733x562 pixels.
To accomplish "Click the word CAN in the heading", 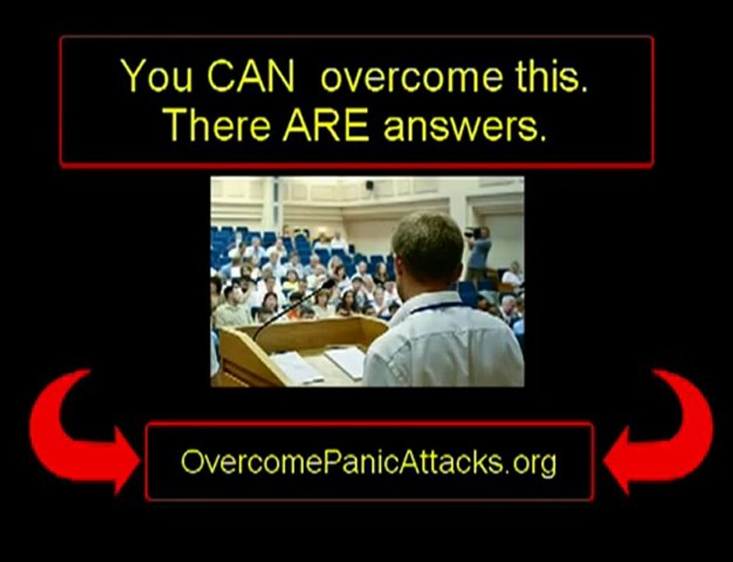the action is coord(251,76).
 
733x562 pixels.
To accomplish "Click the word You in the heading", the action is coord(157,76).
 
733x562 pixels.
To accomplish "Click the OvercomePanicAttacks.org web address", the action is coord(368,462).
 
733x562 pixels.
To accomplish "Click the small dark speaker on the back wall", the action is coord(369,185).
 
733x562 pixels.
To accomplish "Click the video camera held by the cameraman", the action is coord(472,233).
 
